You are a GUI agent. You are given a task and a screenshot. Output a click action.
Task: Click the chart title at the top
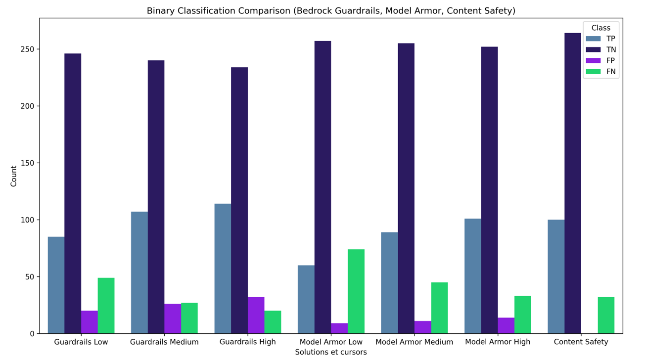[331, 11]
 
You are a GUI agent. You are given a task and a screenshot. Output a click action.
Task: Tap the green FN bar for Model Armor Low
[356, 291]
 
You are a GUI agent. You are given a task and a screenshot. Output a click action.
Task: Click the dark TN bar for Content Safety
[573, 183]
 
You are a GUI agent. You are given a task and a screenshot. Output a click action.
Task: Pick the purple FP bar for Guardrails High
[256, 315]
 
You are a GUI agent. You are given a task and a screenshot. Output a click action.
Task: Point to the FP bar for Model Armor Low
[339, 328]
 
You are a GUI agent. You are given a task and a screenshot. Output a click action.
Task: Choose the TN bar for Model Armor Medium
[406, 188]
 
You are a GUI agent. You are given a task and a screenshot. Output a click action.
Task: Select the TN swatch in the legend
[594, 50]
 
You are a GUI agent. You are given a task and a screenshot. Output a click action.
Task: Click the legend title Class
[601, 28]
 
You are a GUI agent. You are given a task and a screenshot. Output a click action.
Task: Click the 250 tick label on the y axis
[28, 49]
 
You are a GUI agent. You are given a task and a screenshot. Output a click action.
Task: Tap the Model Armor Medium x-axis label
[414, 342]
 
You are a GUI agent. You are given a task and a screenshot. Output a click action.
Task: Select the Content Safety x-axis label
[581, 342]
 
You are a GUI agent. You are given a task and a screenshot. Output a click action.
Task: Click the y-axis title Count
[14, 176]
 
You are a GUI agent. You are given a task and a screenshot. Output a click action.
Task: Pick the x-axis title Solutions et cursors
[331, 352]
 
